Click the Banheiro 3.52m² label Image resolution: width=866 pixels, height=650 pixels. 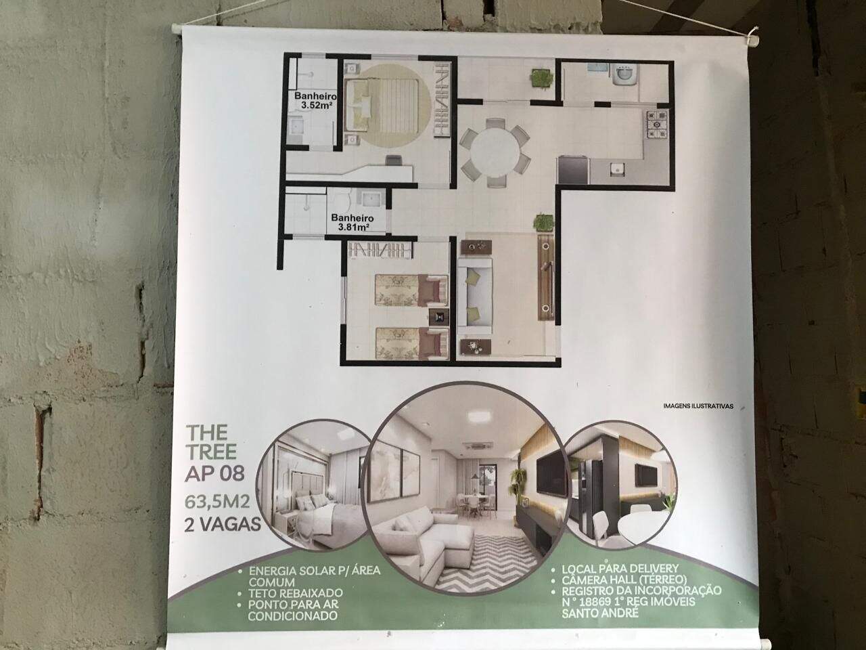pyautogui.click(x=315, y=100)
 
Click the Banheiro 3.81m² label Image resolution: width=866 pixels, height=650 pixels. pyautogui.click(x=352, y=222)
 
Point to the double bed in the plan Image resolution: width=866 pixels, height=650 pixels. pyautogui.click(x=382, y=106)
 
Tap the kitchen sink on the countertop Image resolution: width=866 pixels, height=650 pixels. pyautogui.click(x=616, y=169)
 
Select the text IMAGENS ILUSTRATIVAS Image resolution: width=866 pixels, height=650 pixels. pyautogui.click(x=698, y=406)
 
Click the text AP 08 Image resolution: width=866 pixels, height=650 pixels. pyautogui.click(x=214, y=473)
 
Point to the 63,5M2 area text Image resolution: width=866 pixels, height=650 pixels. pyautogui.click(x=217, y=502)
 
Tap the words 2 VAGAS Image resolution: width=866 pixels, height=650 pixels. pyautogui.click(x=223, y=525)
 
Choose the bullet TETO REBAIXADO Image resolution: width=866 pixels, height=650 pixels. pyautogui.click(x=296, y=593)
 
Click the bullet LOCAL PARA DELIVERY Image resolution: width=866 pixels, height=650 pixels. pyautogui.click(x=620, y=569)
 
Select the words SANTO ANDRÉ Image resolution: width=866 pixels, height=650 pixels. pyautogui.click(x=599, y=613)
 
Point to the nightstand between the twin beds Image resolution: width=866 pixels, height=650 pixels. pyautogui.click(x=439, y=316)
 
